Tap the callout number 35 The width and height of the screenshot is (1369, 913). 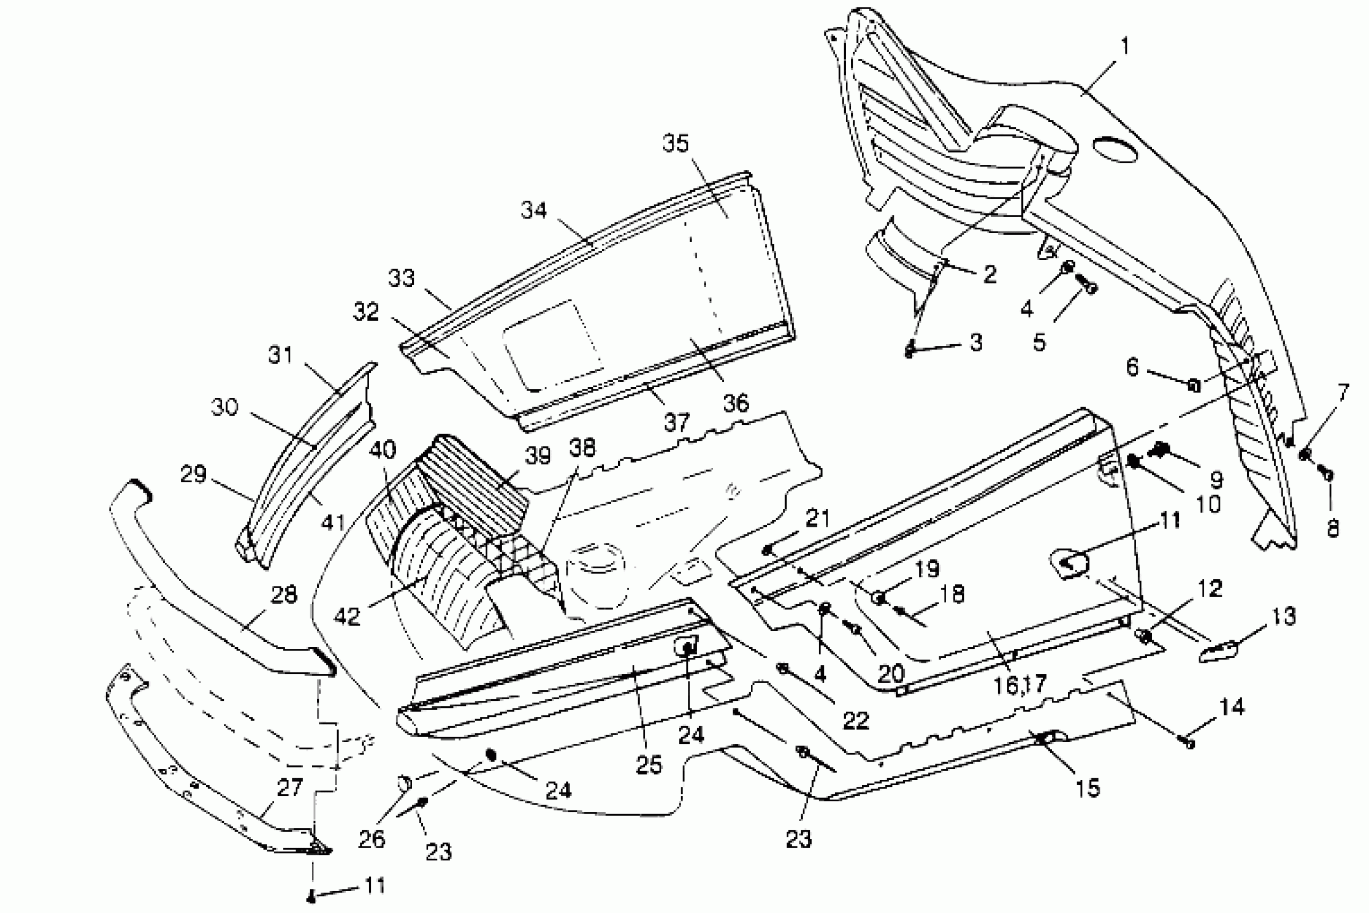pyautogui.click(x=676, y=143)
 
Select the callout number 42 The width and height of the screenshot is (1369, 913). pyautogui.click(x=348, y=616)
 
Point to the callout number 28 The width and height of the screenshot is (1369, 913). pyautogui.click(x=283, y=595)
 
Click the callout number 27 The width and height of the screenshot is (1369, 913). pyautogui.click(x=290, y=788)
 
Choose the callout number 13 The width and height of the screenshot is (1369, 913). pyautogui.click(x=1284, y=617)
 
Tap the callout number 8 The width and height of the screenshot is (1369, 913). pyautogui.click(x=1333, y=528)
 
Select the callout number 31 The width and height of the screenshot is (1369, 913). pyautogui.click(x=281, y=354)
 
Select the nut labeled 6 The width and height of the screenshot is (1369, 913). pyautogui.click(x=1194, y=385)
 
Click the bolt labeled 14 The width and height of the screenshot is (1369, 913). pyautogui.click(x=1189, y=743)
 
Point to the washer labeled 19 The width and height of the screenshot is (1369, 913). pyautogui.click(x=879, y=597)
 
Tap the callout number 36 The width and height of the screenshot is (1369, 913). pyautogui.click(x=736, y=402)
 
